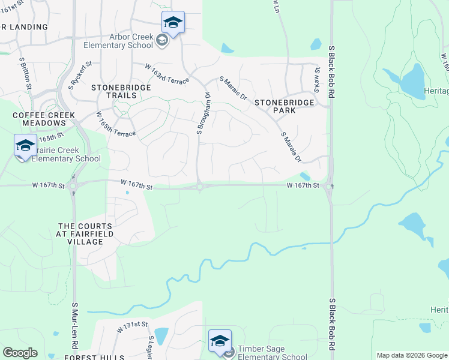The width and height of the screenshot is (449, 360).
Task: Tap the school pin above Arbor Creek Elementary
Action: [173, 23]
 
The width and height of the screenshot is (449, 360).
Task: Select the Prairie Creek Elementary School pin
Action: [25, 146]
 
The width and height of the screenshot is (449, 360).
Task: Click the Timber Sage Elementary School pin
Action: [220, 341]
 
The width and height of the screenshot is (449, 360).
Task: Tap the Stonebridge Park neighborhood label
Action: [284, 106]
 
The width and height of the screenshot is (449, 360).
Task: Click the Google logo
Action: [20, 353]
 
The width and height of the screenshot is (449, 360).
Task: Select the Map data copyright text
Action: [412, 355]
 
